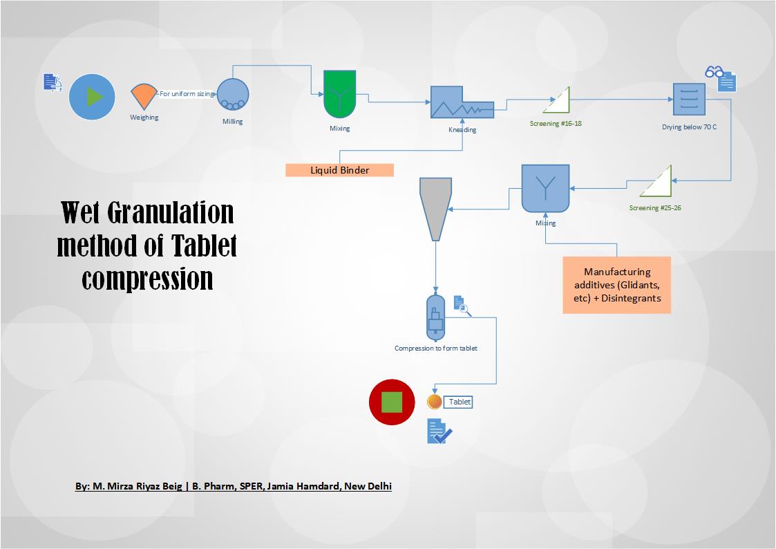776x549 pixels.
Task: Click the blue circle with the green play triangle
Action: pos(92,97)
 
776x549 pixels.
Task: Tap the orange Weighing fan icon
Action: pos(144,95)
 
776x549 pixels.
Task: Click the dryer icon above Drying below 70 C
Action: pos(689,100)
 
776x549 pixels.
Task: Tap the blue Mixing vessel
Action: pos(545,188)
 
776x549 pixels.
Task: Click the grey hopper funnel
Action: pos(435,208)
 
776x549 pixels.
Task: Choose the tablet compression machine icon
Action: pos(435,317)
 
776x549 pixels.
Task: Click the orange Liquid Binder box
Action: pos(339,170)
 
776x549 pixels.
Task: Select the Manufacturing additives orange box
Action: pos(616,285)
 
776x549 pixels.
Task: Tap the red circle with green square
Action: pos(392,402)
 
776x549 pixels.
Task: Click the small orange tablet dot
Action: pos(435,402)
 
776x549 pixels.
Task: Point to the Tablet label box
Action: pos(459,402)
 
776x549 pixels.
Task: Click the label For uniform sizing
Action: pos(187,93)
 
